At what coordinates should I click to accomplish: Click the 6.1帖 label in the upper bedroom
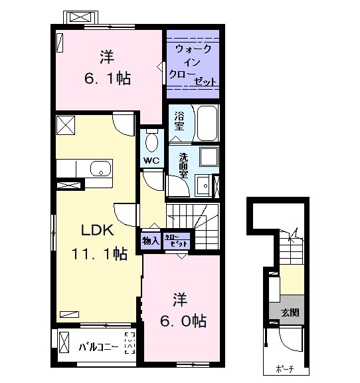click(x=106, y=78)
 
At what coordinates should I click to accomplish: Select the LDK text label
click(x=98, y=231)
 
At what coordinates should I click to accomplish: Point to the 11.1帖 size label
click(x=100, y=253)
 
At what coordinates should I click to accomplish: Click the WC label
click(x=150, y=160)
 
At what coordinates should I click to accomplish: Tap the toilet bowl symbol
click(x=151, y=140)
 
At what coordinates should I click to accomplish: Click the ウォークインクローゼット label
click(x=193, y=65)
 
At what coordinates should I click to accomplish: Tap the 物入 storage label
click(x=150, y=240)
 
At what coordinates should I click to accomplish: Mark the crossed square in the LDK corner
click(x=66, y=124)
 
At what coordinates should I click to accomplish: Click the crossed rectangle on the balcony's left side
click(x=64, y=343)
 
